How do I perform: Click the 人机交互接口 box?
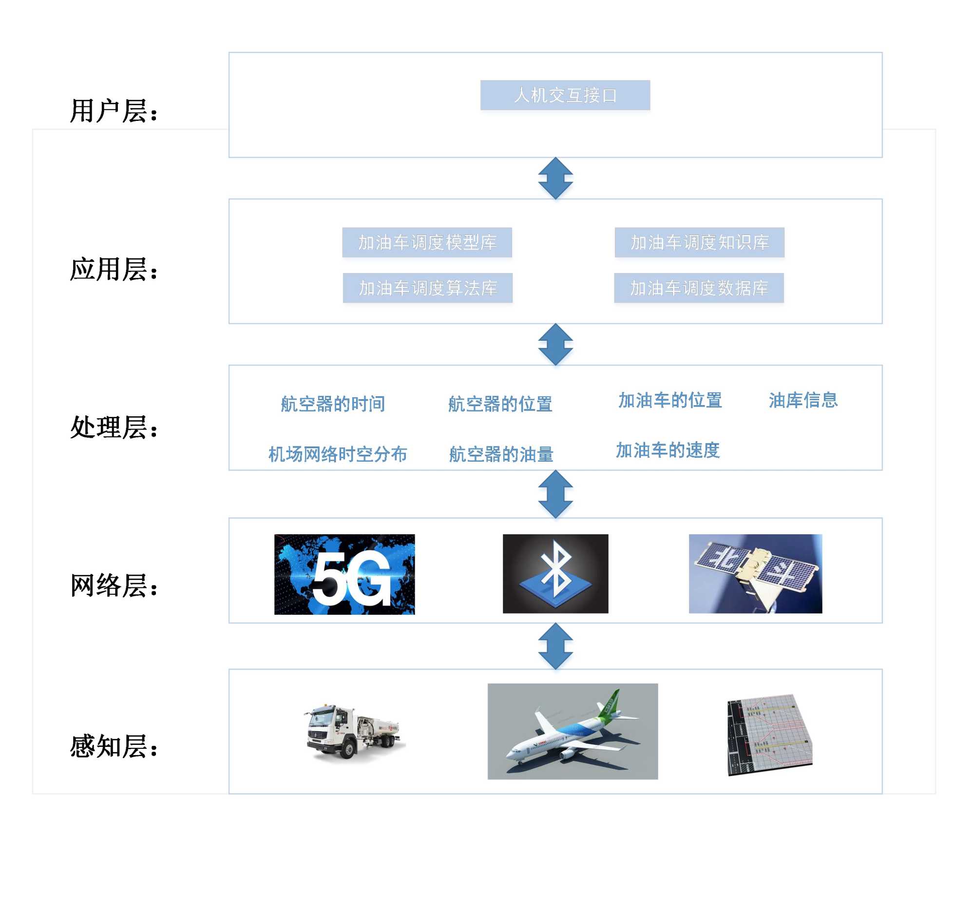click(565, 95)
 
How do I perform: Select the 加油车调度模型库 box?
click(427, 242)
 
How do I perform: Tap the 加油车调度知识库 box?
click(699, 242)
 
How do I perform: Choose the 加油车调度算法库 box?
click(427, 288)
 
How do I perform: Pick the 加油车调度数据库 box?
click(699, 288)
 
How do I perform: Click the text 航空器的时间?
click(333, 404)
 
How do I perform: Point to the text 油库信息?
click(803, 400)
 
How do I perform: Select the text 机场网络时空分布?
click(338, 454)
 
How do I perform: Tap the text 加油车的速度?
click(668, 450)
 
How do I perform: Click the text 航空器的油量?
click(501, 454)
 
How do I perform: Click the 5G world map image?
click(344, 574)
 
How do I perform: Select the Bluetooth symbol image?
click(555, 573)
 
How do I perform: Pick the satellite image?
click(755, 573)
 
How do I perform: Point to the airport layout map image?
click(769, 734)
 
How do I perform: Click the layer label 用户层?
click(114, 111)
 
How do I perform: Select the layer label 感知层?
click(114, 746)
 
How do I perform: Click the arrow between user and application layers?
click(555, 178)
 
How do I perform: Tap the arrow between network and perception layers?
click(555, 646)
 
